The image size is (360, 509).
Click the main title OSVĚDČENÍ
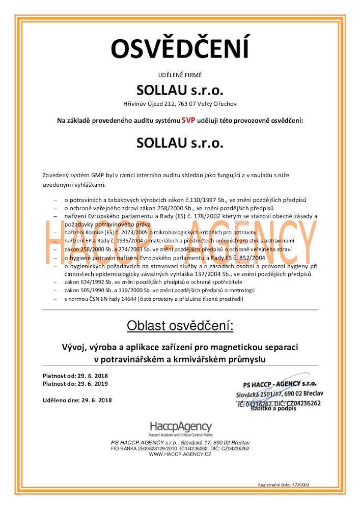180,48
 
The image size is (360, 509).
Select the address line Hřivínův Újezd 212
180,104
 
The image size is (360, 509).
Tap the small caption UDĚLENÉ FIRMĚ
180,75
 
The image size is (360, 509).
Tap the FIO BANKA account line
180,448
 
